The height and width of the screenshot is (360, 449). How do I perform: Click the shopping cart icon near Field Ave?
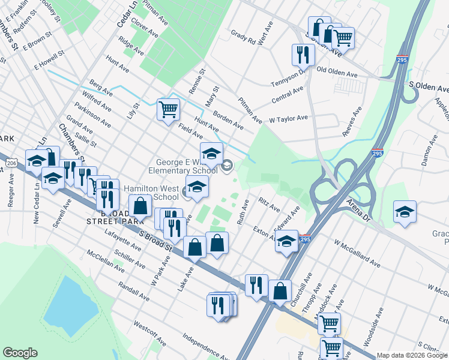pos(169,109)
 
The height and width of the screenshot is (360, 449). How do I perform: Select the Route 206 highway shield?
pos(11,163)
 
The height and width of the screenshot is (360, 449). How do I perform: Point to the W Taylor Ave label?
pos(288,119)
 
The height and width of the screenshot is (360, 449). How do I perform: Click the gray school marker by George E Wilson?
pos(227,166)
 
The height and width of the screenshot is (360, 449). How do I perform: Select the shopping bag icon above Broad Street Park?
pos(140,205)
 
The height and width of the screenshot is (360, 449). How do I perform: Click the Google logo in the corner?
pos(20,352)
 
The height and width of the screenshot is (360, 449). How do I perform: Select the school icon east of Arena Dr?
pos(405,212)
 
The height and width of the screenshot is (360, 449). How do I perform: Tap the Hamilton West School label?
pos(151,193)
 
